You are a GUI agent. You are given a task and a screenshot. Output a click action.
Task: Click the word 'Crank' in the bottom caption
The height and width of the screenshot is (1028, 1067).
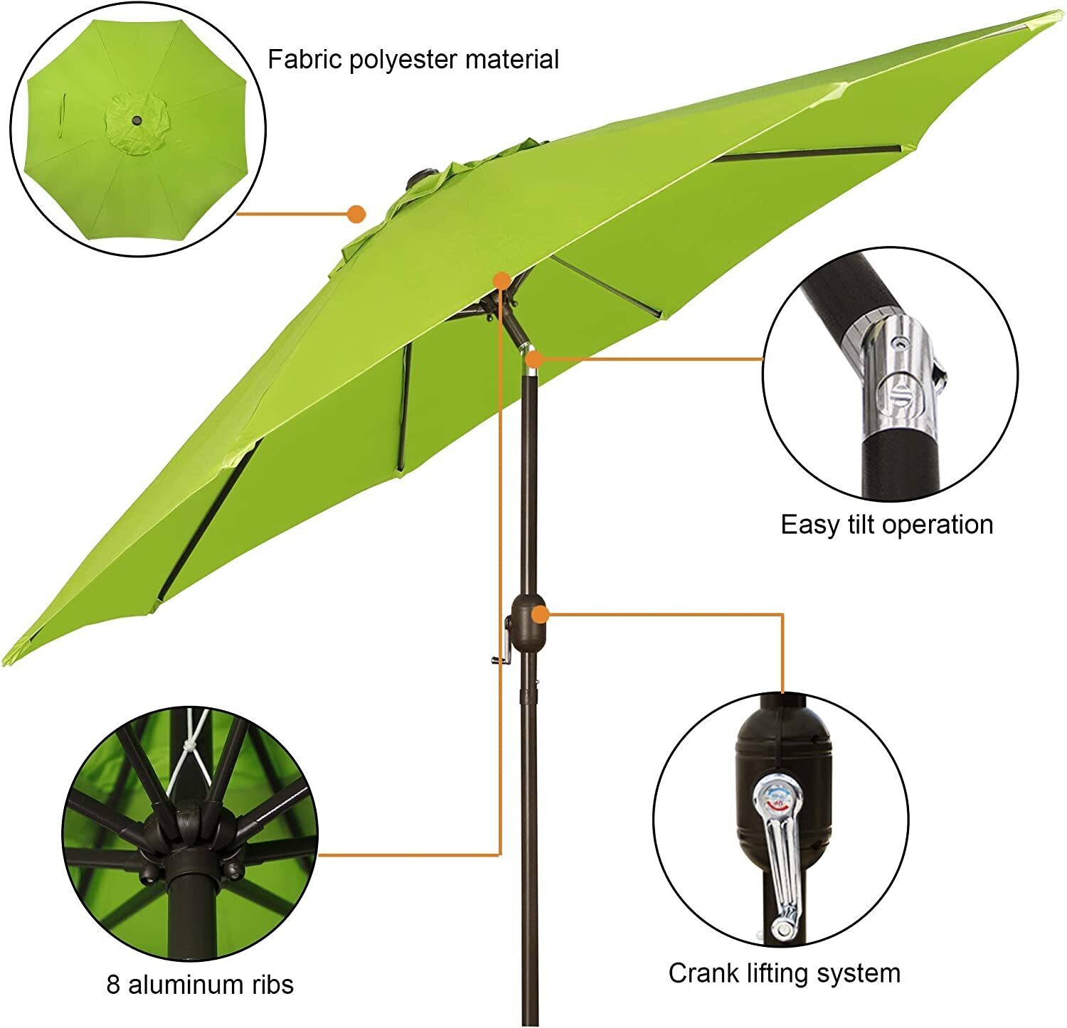click(x=701, y=973)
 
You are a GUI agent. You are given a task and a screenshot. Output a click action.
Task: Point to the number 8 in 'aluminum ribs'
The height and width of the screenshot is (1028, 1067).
click(x=113, y=985)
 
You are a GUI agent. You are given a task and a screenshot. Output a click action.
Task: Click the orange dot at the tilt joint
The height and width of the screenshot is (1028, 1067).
click(x=533, y=359)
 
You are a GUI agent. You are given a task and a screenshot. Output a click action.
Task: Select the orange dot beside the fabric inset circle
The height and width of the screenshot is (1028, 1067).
click(x=356, y=213)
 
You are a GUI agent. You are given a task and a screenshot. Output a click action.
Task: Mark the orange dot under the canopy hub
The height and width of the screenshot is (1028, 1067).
click(x=502, y=280)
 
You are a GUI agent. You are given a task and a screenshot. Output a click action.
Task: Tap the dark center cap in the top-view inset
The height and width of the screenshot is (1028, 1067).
click(x=136, y=122)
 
